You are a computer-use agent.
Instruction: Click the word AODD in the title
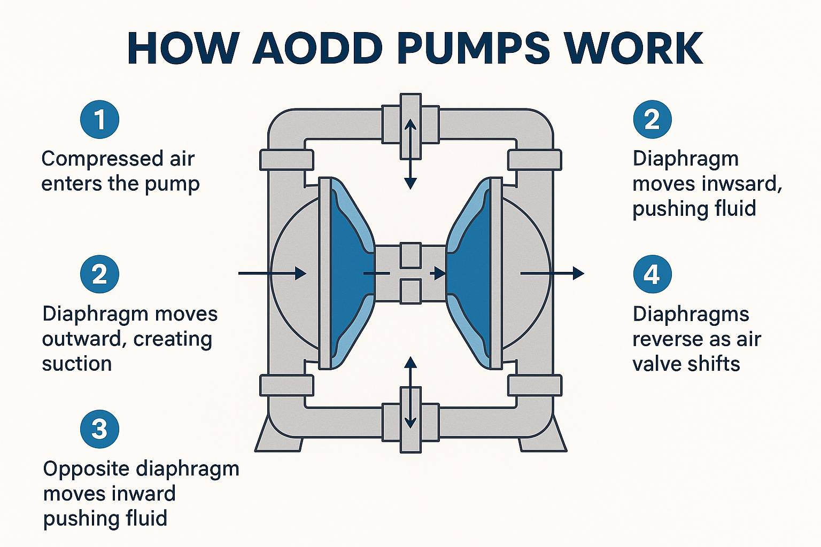click(x=317, y=49)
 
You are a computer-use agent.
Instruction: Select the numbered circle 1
click(x=99, y=119)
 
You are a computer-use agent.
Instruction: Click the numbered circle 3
click(x=99, y=429)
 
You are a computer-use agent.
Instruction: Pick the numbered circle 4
click(x=652, y=275)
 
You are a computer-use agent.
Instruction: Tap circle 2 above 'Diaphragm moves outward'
click(x=99, y=275)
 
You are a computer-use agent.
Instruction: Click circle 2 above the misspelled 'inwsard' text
click(x=652, y=119)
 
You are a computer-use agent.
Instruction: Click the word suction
click(x=77, y=364)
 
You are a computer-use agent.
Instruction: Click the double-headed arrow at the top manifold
click(x=410, y=154)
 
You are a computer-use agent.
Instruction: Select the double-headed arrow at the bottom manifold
click(x=410, y=393)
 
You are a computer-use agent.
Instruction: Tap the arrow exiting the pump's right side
click(x=553, y=273)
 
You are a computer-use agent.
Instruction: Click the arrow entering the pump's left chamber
click(x=273, y=273)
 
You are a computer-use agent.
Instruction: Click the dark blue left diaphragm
click(x=347, y=272)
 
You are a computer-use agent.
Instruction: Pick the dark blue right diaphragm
click(x=470, y=272)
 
